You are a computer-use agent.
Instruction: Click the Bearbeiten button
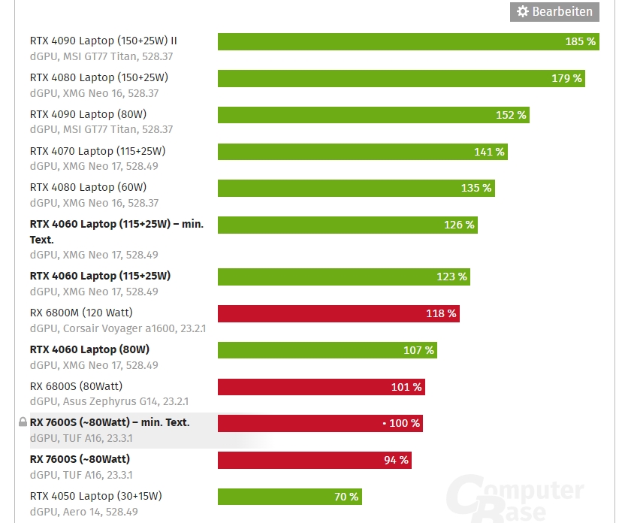click(555, 11)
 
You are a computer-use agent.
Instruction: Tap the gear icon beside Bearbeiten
click(523, 11)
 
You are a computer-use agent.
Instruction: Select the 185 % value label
click(580, 41)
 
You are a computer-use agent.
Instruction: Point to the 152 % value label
click(511, 115)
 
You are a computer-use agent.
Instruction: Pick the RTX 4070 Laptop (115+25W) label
click(98, 151)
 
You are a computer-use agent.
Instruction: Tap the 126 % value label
click(459, 225)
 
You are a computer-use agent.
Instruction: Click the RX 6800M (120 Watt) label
click(81, 313)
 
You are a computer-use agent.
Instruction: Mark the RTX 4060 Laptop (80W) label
click(89, 349)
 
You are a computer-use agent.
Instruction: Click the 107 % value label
click(418, 350)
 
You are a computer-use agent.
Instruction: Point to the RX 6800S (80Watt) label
click(76, 386)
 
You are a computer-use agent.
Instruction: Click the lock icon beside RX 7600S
click(23, 422)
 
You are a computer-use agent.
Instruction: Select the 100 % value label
click(404, 423)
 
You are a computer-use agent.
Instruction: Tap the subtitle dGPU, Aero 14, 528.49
click(83, 512)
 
